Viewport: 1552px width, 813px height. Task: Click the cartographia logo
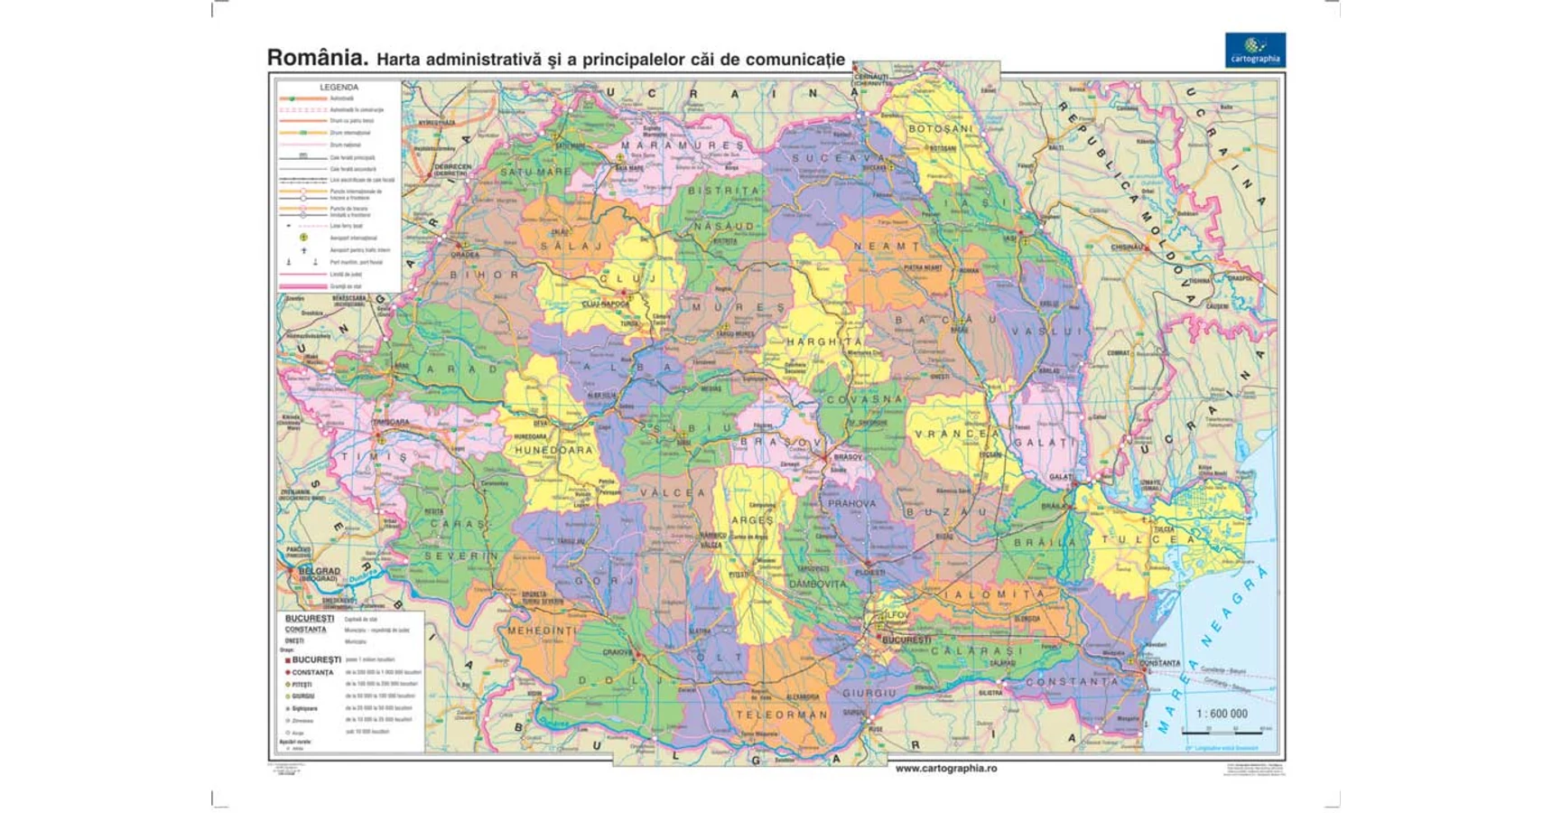point(1254,50)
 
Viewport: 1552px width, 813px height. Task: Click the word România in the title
point(317,58)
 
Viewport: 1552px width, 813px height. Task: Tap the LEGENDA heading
point(339,88)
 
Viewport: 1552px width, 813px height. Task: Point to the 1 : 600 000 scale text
point(1222,714)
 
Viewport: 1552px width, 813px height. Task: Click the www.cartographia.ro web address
point(945,768)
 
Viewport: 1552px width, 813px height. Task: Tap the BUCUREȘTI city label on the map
point(906,640)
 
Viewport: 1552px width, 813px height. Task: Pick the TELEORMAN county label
point(781,715)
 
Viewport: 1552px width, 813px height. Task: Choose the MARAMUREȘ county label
point(682,145)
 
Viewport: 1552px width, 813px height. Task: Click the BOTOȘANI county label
point(940,129)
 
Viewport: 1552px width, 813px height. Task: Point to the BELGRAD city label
point(319,571)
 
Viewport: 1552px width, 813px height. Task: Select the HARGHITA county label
point(824,341)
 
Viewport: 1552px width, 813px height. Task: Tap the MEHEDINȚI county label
point(542,631)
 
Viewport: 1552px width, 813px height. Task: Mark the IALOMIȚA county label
point(993,594)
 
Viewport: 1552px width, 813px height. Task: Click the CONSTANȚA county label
point(1072,682)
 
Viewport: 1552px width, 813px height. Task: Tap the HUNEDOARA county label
point(553,449)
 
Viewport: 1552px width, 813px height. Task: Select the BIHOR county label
point(485,275)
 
